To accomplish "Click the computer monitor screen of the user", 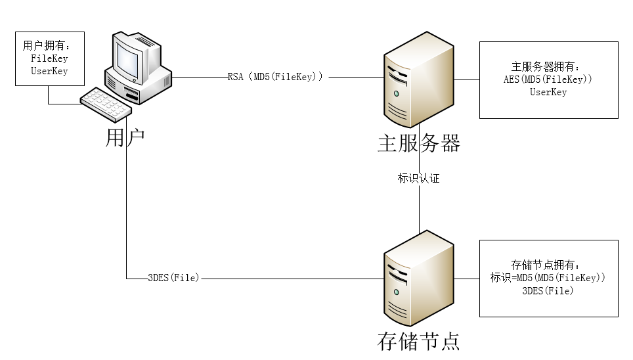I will pyautogui.click(x=130, y=57).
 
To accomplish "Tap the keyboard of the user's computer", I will pyautogui.click(x=106, y=104).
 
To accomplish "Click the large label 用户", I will pyautogui.click(x=125, y=139).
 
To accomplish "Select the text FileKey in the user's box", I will pyautogui.click(x=49, y=58).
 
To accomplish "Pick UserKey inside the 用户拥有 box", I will pyautogui.click(x=49, y=71).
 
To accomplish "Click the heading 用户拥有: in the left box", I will pyautogui.click(x=46, y=46).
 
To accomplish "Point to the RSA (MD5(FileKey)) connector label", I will pyautogui.click(x=275, y=77).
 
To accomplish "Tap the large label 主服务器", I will pyautogui.click(x=418, y=143).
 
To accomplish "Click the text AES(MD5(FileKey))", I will pyautogui.click(x=548, y=79).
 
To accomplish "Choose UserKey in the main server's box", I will pyautogui.click(x=548, y=92).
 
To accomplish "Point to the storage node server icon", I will pyautogui.click(x=418, y=280).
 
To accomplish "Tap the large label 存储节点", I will pyautogui.click(x=418, y=341).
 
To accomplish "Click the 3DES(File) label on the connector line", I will pyautogui.click(x=173, y=279).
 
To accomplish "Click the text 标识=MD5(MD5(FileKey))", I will pyautogui.click(x=548, y=278).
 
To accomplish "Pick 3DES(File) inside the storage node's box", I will pyautogui.click(x=548, y=290).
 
